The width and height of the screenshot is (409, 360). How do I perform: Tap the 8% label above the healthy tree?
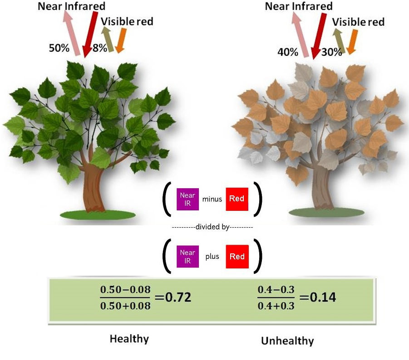tap(99, 48)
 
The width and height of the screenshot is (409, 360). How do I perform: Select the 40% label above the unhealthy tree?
tap(287, 52)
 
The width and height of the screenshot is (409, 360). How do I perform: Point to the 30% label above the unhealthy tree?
tap(331, 52)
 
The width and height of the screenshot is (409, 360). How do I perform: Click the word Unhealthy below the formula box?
tap(287, 341)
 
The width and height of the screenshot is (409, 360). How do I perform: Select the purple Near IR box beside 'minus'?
tap(187, 199)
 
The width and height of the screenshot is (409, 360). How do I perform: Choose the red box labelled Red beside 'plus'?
tap(237, 256)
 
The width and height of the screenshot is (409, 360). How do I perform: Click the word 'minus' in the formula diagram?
tap(212, 199)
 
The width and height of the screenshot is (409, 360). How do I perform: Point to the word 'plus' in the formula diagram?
tap(212, 257)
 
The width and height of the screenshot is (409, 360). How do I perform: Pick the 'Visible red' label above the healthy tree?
tap(127, 21)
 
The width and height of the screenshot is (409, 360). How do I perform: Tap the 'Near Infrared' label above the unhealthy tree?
tap(299, 6)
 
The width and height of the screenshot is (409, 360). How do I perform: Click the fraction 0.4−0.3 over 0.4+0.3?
tap(276, 297)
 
